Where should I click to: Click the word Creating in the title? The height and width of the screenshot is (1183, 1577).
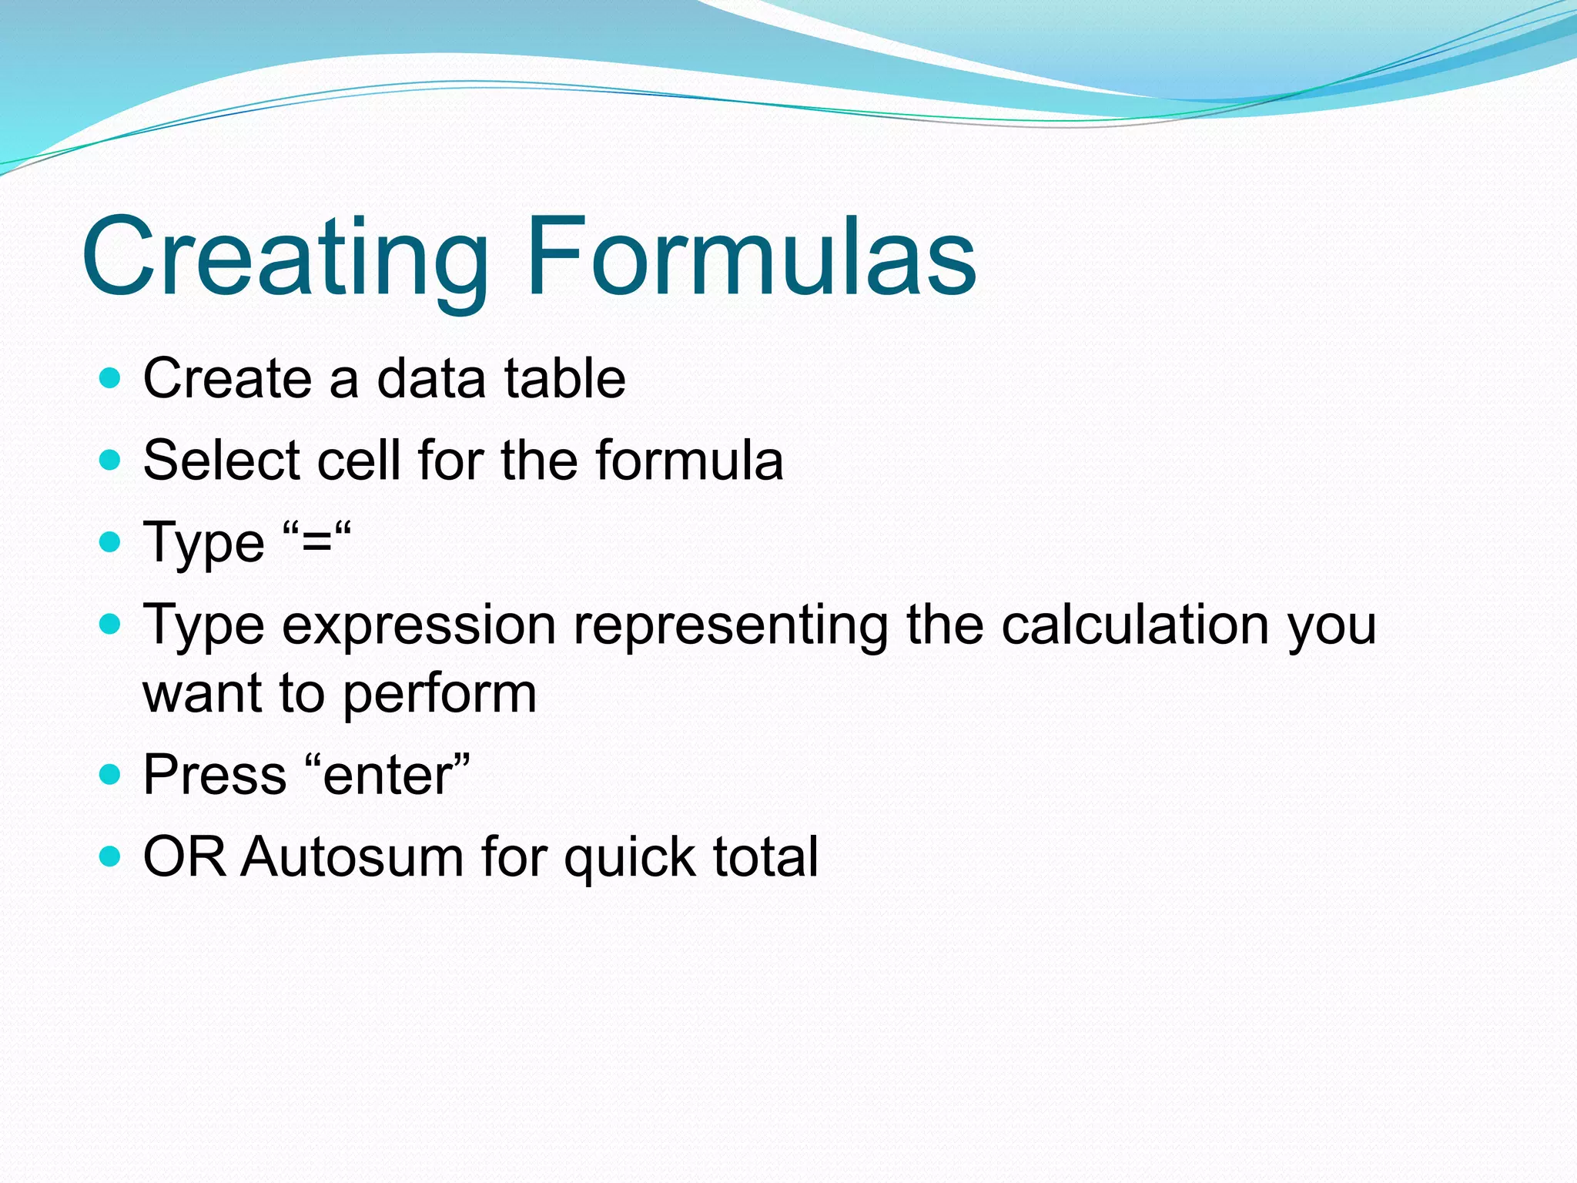pos(285,256)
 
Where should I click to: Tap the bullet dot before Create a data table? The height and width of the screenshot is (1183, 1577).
pos(111,378)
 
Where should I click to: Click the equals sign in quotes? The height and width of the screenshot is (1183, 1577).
pos(316,544)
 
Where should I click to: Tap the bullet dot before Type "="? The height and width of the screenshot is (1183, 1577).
pos(111,542)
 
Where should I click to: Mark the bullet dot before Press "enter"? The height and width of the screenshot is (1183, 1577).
pos(111,774)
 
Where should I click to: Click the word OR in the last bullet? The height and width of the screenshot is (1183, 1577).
pos(185,856)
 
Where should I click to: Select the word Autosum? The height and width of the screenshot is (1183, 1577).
pos(352,856)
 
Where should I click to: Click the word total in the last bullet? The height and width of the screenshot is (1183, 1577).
pos(765,856)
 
